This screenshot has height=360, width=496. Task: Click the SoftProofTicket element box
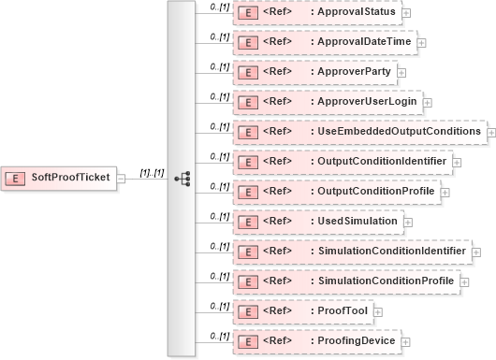tap(60, 178)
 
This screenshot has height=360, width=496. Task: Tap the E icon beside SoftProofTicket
tap(16, 178)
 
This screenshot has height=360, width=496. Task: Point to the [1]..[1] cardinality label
tap(152, 172)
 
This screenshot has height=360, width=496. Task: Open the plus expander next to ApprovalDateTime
tap(422, 42)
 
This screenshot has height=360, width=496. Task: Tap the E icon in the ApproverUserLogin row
tap(249, 102)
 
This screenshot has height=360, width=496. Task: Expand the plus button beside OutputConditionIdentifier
tap(457, 162)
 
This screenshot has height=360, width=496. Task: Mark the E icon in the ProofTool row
tap(249, 310)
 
